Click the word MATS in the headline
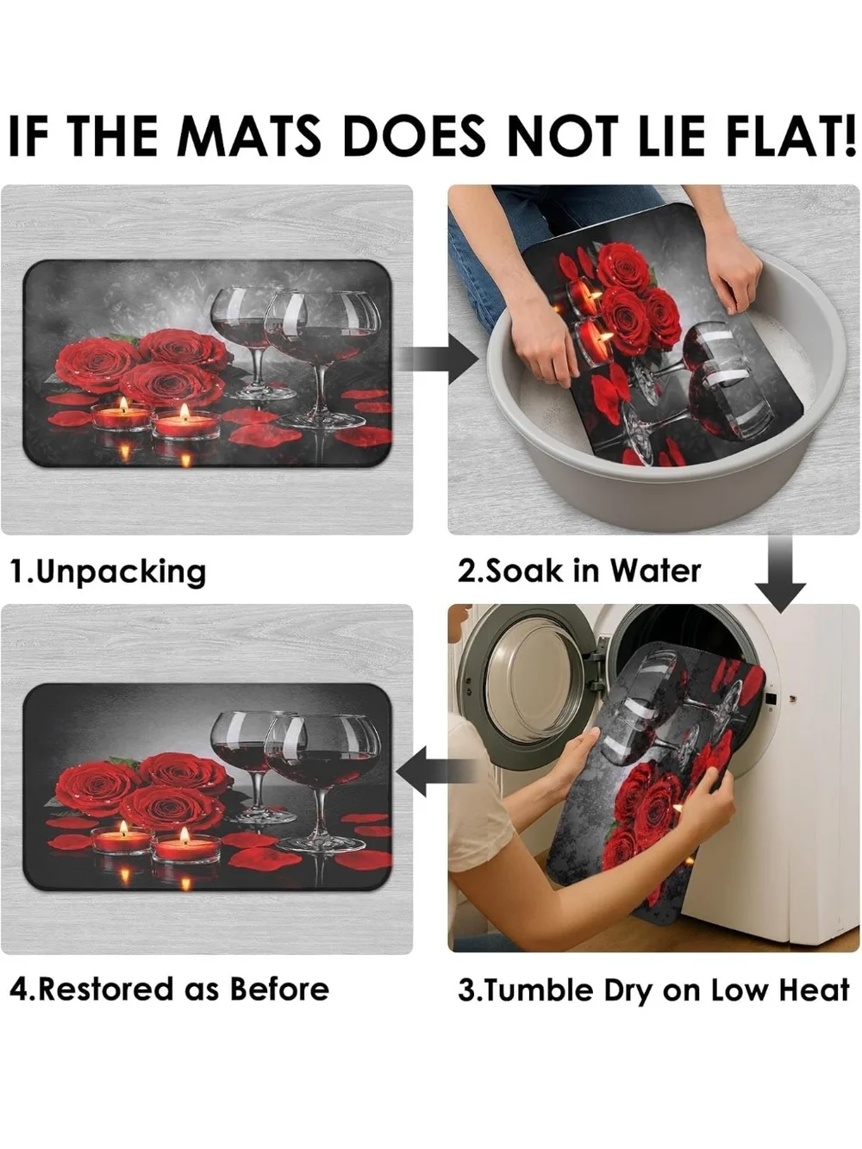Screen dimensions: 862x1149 point(249,135)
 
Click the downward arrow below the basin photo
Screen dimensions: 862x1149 point(780,574)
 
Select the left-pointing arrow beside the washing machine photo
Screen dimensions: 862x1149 point(438,771)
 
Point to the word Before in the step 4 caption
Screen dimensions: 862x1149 point(279,990)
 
